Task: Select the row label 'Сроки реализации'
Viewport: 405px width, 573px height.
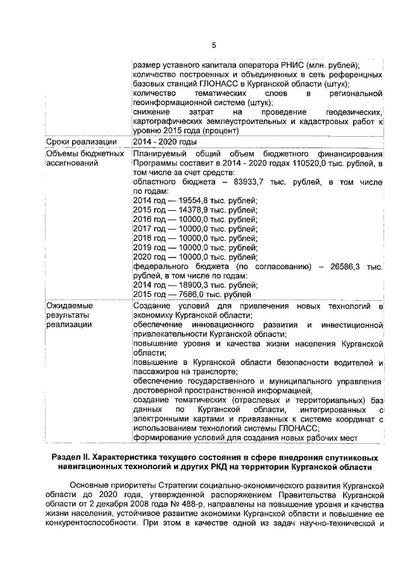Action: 81,141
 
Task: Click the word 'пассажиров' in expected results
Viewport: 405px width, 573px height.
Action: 156,372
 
